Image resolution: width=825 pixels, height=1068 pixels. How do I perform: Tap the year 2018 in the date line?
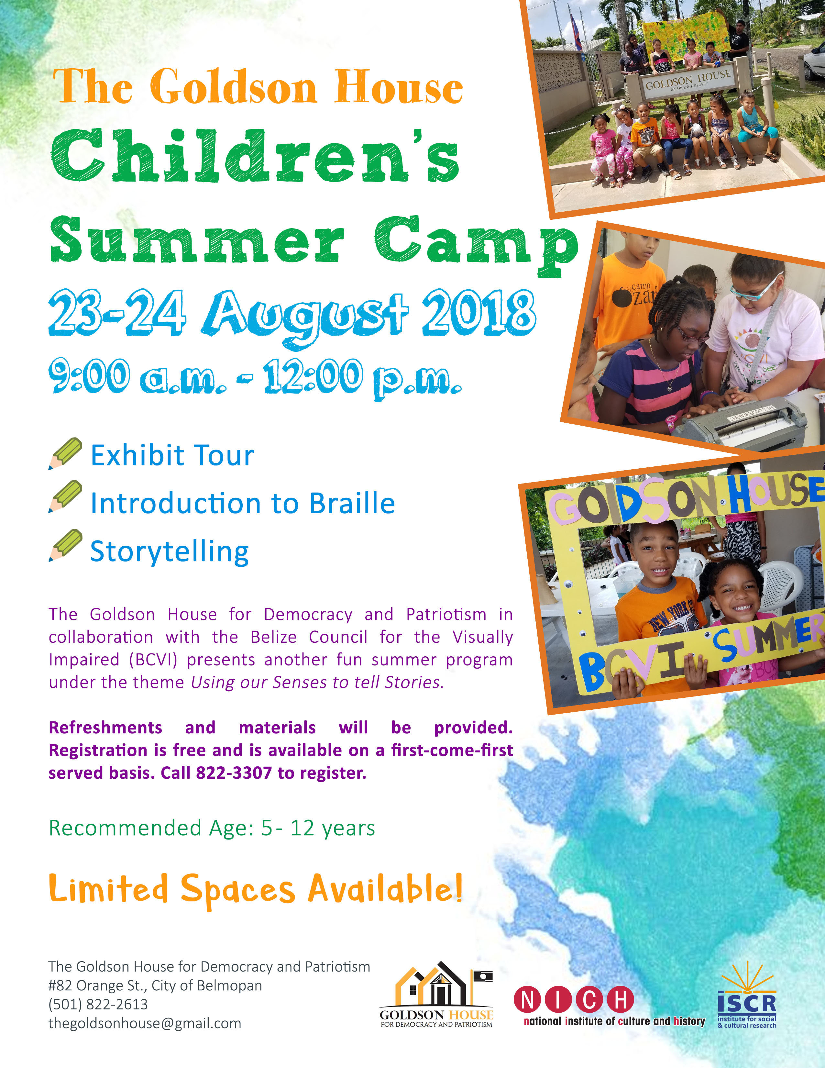(x=479, y=313)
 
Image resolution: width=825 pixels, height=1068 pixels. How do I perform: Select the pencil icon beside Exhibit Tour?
(x=65, y=453)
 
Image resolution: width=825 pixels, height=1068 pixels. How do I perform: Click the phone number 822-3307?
(x=234, y=773)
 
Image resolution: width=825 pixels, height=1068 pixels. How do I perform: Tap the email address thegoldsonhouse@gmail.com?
(x=145, y=1023)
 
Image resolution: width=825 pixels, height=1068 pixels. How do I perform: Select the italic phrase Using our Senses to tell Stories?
(x=317, y=682)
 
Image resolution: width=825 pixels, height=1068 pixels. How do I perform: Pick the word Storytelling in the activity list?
(x=170, y=551)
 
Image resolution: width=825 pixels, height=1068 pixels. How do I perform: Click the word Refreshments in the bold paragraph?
(x=105, y=727)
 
